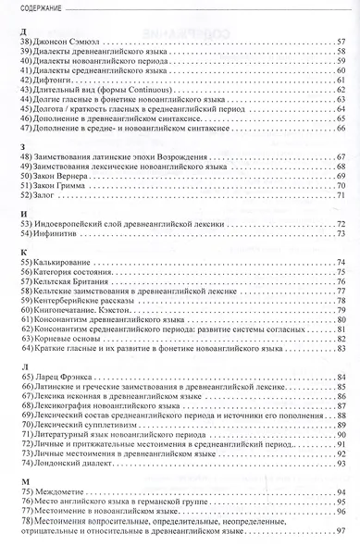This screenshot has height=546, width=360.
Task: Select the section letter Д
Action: (22, 33)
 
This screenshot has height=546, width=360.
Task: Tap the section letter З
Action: (21, 148)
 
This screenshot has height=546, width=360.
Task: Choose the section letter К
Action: (21, 252)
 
